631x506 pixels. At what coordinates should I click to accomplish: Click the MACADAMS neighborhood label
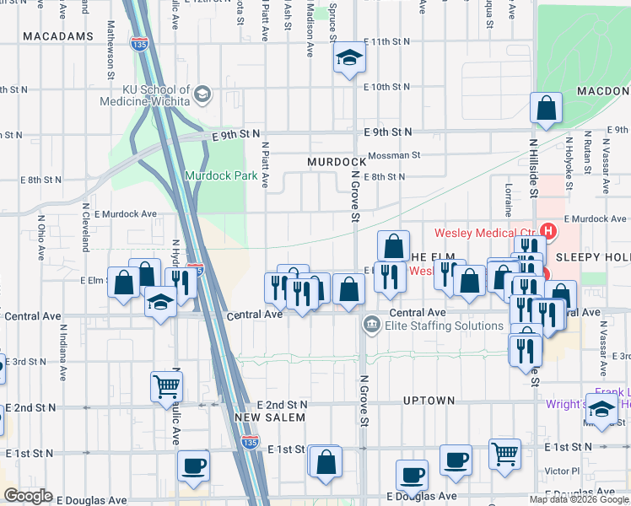pos(58,37)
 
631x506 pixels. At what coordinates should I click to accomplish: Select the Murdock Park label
pos(214,176)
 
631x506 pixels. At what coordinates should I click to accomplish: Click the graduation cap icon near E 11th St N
pos(349,60)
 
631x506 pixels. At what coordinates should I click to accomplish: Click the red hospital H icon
pos(549,230)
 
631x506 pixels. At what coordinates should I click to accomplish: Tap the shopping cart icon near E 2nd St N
pos(166,386)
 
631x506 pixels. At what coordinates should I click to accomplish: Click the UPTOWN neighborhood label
pos(429,401)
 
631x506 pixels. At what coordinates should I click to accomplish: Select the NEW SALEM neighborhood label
pos(267,417)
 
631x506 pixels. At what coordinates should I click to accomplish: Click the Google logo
pos(28,496)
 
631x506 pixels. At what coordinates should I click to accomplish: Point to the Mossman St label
pos(394,155)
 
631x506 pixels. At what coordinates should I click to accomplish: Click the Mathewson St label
pos(111,57)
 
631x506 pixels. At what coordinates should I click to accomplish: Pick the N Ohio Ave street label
pos(40,233)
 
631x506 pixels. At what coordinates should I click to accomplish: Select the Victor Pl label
pos(563,471)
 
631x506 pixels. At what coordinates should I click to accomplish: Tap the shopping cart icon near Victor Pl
pos(505,453)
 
